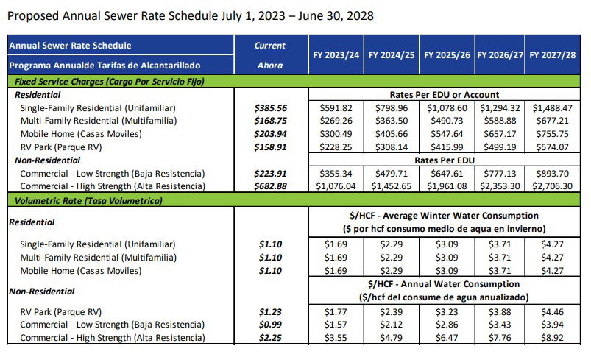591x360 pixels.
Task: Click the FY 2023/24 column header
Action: click(336, 54)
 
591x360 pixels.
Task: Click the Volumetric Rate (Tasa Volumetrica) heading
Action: click(87, 200)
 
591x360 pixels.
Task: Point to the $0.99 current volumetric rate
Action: click(270, 325)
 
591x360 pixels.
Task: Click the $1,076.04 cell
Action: click(336, 187)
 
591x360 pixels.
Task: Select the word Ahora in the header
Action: click(270, 66)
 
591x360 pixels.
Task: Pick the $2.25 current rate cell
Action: click(270, 339)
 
